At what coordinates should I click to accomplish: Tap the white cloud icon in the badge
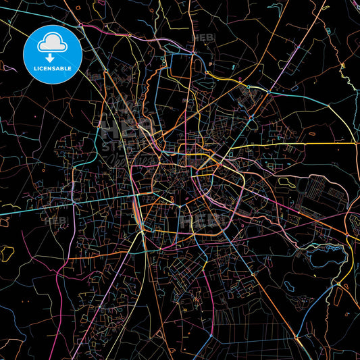(52, 43)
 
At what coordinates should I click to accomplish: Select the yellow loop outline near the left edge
(7, 254)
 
